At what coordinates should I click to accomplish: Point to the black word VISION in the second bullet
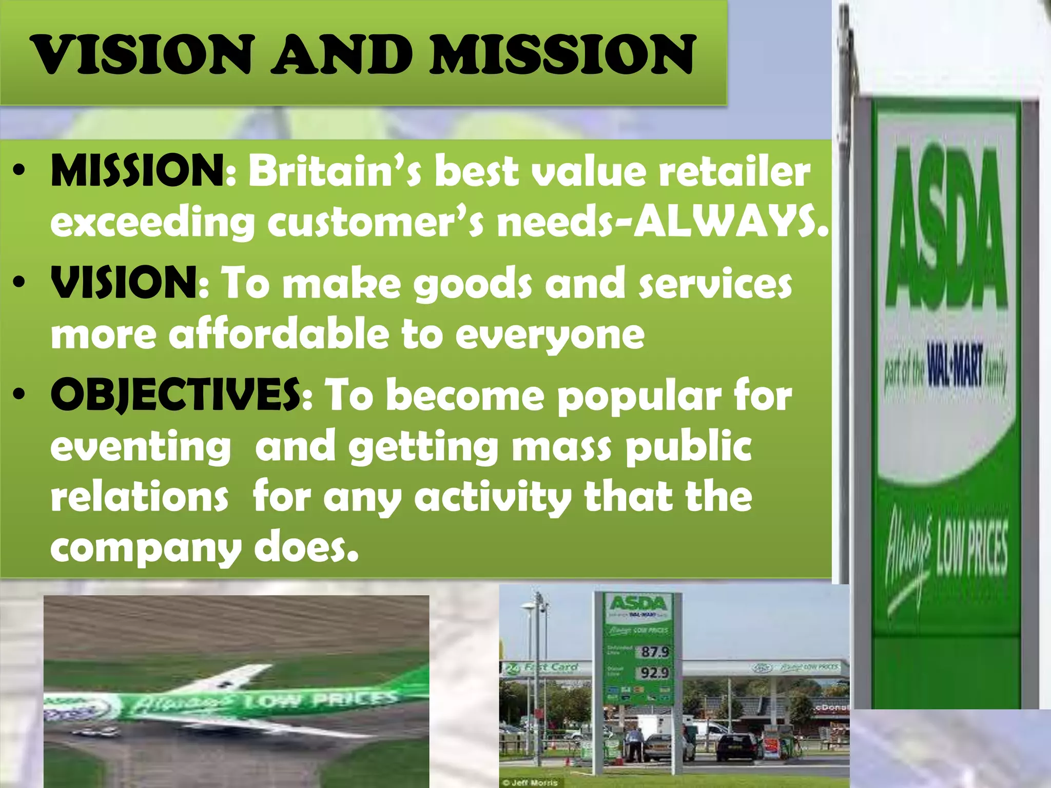click(x=124, y=283)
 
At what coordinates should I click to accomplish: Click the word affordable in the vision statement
click(x=279, y=334)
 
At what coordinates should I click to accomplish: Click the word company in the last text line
click(x=145, y=549)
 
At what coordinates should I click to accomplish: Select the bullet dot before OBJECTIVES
click(x=20, y=395)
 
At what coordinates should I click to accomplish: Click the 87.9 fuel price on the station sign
click(x=655, y=652)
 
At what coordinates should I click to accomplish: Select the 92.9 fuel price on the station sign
click(x=655, y=672)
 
